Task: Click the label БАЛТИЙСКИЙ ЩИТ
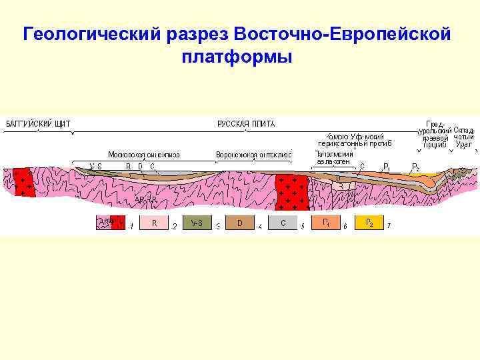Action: (x=38, y=124)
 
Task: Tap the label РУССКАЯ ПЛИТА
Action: (x=246, y=124)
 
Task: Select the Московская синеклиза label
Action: (x=144, y=155)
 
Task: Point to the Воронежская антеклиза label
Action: (x=253, y=155)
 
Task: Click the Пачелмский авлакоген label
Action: (x=333, y=157)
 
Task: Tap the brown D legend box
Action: (x=239, y=223)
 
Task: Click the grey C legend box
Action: (x=283, y=223)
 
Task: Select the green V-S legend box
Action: (x=196, y=223)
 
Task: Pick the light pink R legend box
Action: (x=154, y=223)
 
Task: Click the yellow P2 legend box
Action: (x=368, y=223)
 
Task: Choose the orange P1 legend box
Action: (x=325, y=223)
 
